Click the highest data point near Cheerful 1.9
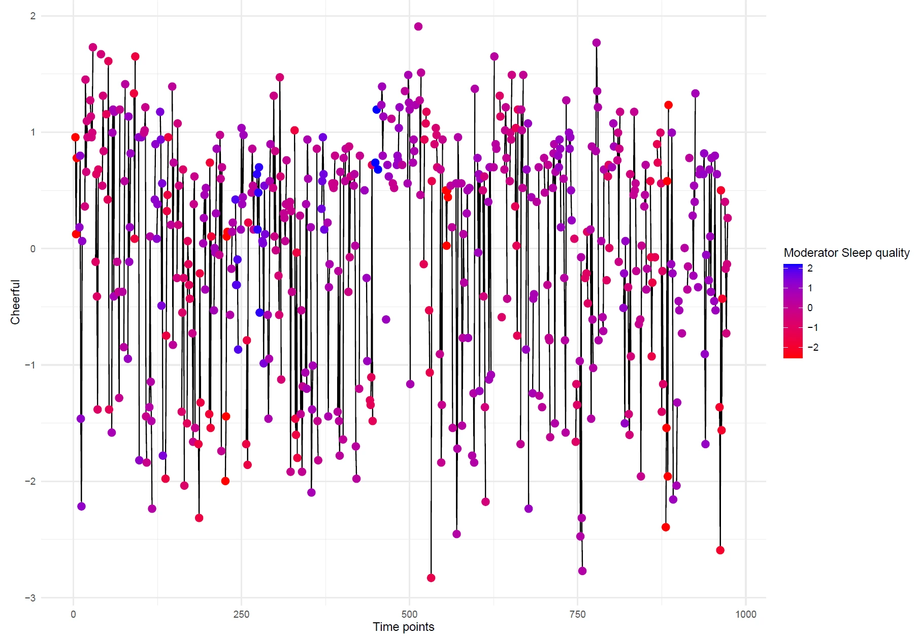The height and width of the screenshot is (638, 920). tap(418, 26)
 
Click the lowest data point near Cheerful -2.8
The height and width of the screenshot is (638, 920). tap(431, 578)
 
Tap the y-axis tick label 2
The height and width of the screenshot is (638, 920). tap(33, 16)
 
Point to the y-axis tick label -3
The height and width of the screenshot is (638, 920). tap(30, 597)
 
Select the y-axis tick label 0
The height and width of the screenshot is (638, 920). tap(33, 249)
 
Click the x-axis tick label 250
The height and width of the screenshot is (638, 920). tap(241, 614)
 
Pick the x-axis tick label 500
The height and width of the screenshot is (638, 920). tap(409, 614)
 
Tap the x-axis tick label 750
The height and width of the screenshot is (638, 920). tap(577, 614)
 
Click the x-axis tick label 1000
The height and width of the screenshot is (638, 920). tap(745, 614)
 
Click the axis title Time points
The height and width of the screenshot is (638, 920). tap(404, 627)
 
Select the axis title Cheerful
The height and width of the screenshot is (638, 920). tap(15, 302)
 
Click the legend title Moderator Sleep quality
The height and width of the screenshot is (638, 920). tap(846, 253)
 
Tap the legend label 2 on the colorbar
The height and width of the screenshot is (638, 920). tap(810, 268)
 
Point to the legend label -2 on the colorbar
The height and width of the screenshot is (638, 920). tap(812, 347)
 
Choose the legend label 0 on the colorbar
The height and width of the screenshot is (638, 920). tap(810, 308)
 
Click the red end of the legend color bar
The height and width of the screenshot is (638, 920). tap(793, 353)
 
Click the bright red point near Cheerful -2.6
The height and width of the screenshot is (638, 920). tap(720, 550)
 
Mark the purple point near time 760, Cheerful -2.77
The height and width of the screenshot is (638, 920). tap(582, 571)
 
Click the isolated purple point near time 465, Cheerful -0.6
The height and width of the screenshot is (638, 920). tap(386, 319)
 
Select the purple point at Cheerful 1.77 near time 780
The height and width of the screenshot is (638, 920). tap(597, 43)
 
